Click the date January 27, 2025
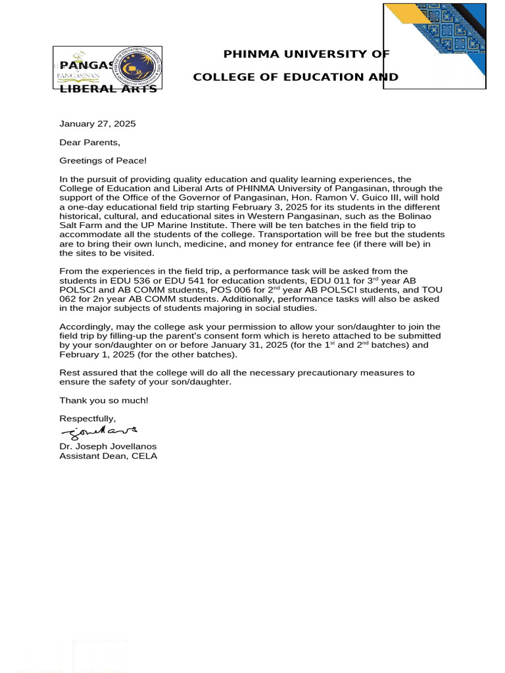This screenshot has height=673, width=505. [x=97, y=124]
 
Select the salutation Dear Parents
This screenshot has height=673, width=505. [x=90, y=142]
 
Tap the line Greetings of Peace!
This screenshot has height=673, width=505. [x=103, y=160]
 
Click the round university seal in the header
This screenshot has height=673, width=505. [x=138, y=68]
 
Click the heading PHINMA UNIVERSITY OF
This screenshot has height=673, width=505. [x=306, y=54]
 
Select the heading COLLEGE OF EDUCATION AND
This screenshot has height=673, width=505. [x=295, y=77]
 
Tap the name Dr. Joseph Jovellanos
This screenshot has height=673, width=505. [x=108, y=446]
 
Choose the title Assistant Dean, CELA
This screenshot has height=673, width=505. [x=108, y=455]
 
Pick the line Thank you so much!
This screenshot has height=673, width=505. [x=104, y=400]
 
